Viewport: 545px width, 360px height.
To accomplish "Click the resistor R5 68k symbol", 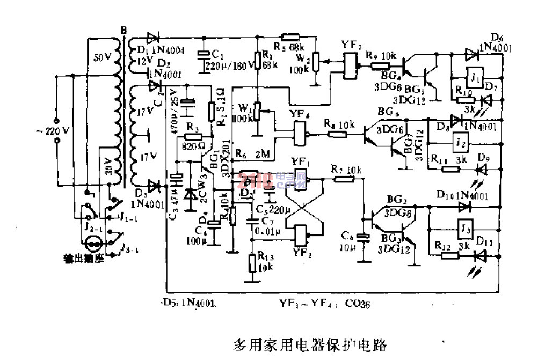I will (290, 38).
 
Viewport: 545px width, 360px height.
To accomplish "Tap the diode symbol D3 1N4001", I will (155, 187).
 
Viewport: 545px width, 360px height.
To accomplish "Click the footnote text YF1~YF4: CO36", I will (324, 304).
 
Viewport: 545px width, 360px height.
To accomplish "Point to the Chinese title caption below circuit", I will (310, 344).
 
